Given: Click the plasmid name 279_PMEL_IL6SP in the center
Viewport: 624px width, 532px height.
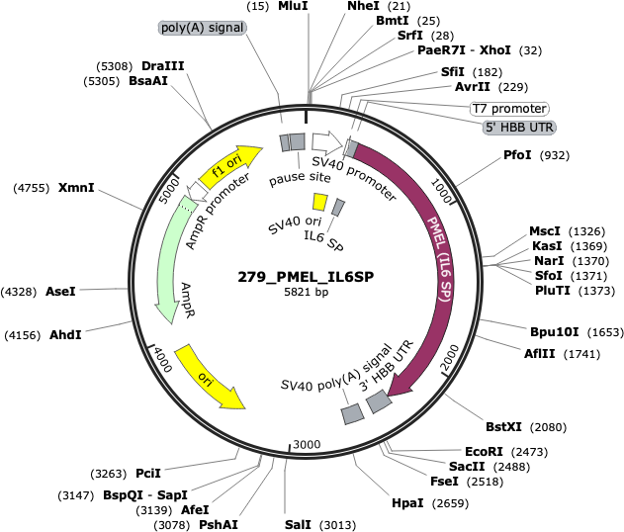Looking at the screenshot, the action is pos(306,277).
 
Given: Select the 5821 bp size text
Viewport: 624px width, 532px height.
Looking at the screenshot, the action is pos(306,292).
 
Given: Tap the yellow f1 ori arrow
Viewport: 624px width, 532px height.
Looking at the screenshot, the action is pos(230,166).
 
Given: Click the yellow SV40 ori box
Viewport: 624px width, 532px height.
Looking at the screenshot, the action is pos(319,202).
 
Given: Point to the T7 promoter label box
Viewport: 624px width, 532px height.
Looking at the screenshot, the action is pos(509,108).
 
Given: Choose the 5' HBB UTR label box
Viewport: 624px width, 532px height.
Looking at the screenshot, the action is pos(519,128).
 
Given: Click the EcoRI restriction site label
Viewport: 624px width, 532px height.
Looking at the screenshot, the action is pos(484,452).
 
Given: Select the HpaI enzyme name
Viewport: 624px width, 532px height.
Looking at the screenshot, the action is pos(407,503).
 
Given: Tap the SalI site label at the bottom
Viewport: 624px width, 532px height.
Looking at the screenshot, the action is pos(298,525).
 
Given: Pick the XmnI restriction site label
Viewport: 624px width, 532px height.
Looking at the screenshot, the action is pos(76,188).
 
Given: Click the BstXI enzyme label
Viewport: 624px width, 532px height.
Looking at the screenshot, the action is pos(503,427).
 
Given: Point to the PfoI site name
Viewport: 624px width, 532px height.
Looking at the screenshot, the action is pos(517,155).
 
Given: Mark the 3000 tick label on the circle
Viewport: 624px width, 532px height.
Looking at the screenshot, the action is pos(307,444).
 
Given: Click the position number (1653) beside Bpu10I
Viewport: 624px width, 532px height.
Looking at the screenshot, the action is pos(605,332).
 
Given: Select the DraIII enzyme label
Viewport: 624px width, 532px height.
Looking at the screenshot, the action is pos(163,66).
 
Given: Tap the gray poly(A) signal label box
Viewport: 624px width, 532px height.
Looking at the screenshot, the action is pos(203,28).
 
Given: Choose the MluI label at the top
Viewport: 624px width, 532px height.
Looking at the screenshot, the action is pos(293,6).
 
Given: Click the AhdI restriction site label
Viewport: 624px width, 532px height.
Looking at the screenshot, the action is pos(65,335).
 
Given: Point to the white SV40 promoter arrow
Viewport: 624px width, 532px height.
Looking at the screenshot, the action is pos(327,143).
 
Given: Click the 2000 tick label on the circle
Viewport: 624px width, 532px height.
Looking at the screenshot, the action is pos(450,358).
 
